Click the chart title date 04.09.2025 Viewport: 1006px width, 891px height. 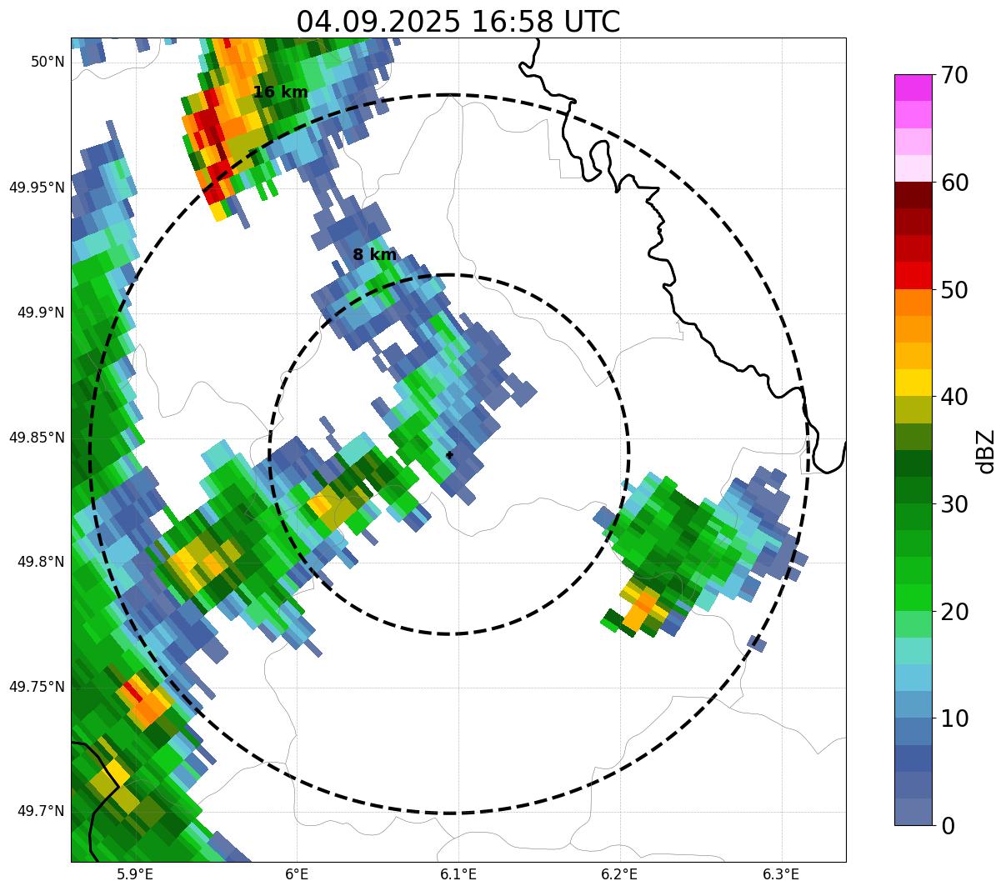click(x=378, y=22)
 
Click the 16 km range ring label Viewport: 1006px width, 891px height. click(x=281, y=93)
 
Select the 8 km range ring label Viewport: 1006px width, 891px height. click(x=374, y=255)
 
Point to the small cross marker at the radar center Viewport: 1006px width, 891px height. click(x=450, y=455)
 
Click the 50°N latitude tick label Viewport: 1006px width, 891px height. click(x=48, y=62)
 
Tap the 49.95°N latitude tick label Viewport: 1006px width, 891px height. click(x=37, y=188)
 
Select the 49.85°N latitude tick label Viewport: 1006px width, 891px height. click(x=37, y=438)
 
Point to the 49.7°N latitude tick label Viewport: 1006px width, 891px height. click(x=41, y=812)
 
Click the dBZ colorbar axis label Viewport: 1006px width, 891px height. click(x=987, y=451)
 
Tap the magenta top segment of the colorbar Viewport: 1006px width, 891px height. click(x=913, y=88)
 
